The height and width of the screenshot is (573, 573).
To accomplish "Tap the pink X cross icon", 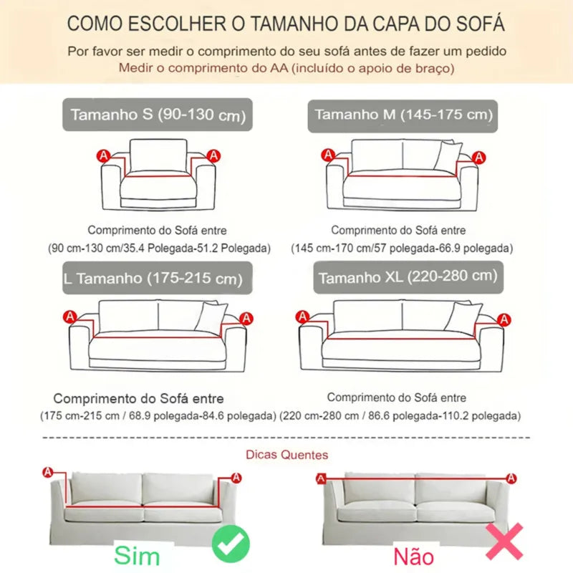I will pyautogui.click(x=504, y=541).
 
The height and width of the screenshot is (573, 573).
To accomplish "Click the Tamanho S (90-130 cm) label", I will pyautogui.click(x=158, y=115).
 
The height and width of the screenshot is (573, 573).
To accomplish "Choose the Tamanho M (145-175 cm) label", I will pyautogui.click(x=403, y=115).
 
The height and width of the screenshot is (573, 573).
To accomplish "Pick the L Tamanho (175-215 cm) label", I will pyautogui.click(x=157, y=278).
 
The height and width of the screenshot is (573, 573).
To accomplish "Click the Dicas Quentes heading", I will pyautogui.click(x=286, y=454).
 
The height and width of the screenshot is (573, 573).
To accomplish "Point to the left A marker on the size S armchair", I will pyautogui.click(x=103, y=155).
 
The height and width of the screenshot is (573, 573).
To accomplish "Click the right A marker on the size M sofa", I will pyautogui.click(x=478, y=157).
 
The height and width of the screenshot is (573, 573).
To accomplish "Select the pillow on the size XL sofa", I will pyautogui.click(x=462, y=317).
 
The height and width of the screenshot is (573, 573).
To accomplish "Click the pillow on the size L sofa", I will pyautogui.click(x=211, y=317).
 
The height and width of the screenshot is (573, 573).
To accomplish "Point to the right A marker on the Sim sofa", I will pyautogui.click(x=236, y=478).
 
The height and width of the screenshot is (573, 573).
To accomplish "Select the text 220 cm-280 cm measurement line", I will pyautogui.click(x=400, y=415).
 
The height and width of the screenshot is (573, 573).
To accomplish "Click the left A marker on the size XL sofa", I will pyautogui.click(x=303, y=316).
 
